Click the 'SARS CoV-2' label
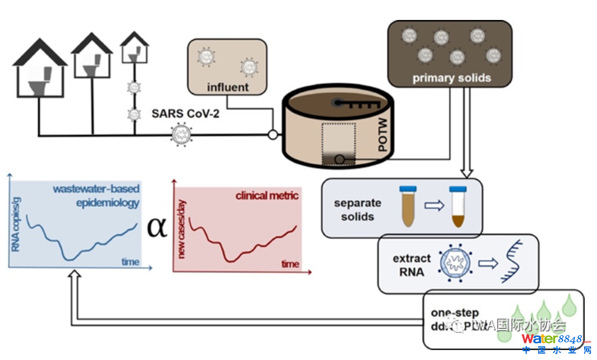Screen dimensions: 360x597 point(185,113)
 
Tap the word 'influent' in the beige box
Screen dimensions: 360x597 point(228,88)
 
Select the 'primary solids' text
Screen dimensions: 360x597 point(451,78)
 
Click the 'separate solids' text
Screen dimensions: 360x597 point(357,210)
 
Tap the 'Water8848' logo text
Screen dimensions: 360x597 point(552,339)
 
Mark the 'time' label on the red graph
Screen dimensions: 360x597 point(290,264)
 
